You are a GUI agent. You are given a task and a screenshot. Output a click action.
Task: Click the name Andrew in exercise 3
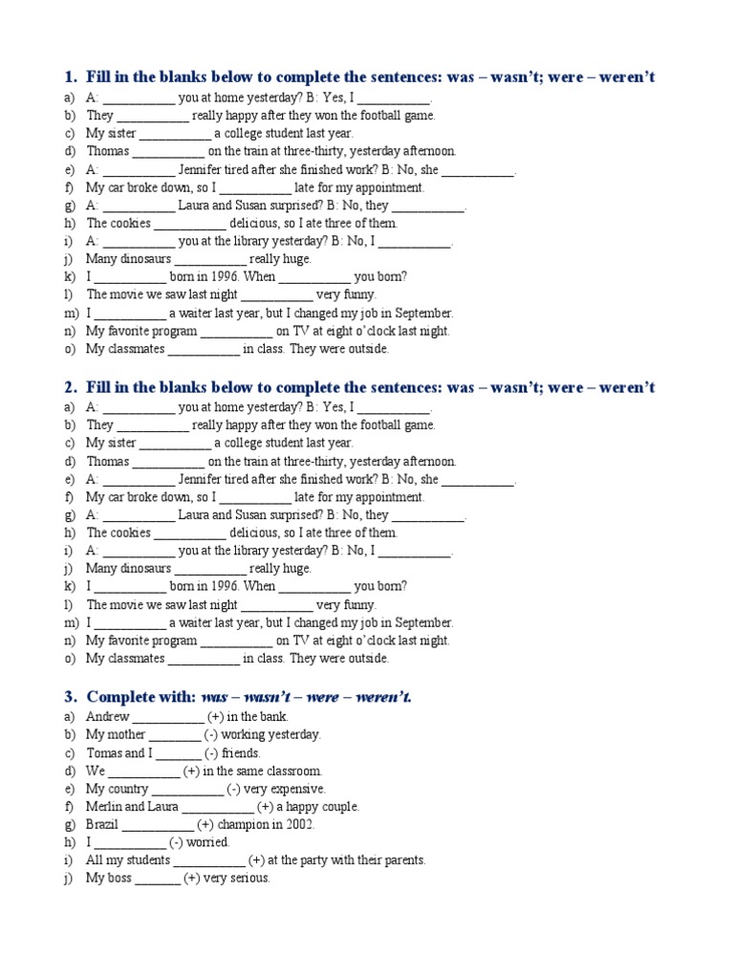[107, 716]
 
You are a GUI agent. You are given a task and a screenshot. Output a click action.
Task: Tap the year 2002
[324, 824]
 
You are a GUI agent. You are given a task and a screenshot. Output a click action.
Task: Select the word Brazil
[102, 824]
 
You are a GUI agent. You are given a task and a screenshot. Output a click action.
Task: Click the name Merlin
[104, 807]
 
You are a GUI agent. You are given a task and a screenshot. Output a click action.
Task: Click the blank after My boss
[158, 879]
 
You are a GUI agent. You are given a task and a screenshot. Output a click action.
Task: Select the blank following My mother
[175, 734]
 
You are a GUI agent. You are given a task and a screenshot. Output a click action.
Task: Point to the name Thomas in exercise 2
[107, 461]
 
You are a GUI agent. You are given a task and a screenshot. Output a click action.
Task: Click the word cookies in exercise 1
[130, 223]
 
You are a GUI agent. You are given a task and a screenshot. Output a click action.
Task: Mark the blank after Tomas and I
[174, 752]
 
